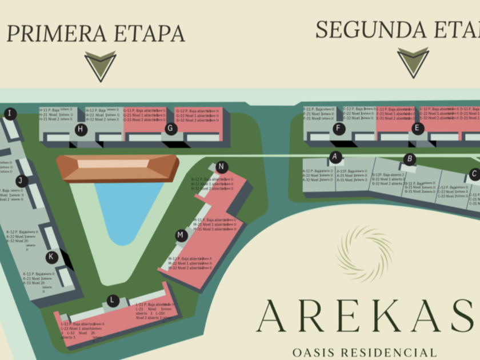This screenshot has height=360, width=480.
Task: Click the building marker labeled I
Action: (x=10, y=114)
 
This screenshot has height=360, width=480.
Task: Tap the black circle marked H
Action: (x=81, y=130)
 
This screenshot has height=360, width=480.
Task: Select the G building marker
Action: (x=170, y=129)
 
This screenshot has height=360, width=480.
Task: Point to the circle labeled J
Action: (x=22, y=181)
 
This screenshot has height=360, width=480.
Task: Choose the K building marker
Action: (x=52, y=257)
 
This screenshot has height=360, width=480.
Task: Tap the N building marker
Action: (x=222, y=167)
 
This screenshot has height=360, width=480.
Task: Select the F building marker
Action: (x=339, y=129)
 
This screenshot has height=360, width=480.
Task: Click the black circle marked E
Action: (x=418, y=129)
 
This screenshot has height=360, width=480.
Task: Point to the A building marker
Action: (x=335, y=157)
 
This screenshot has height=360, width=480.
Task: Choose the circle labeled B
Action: (x=409, y=159)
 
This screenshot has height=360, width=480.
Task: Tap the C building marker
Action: (x=474, y=174)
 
